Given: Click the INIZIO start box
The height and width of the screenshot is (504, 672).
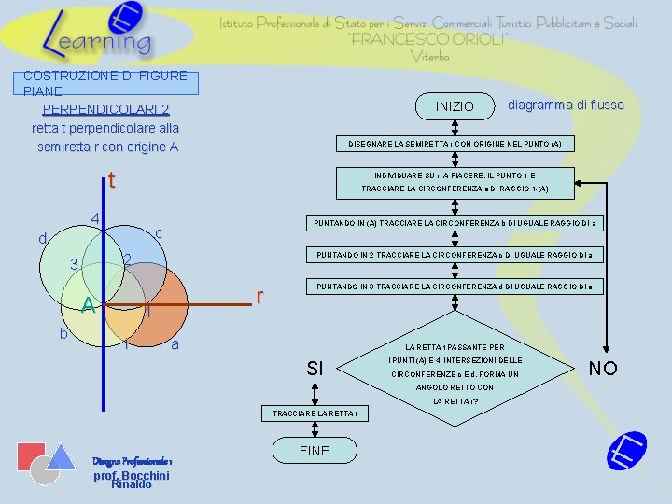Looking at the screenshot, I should pyautogui.click(x=455, y=106).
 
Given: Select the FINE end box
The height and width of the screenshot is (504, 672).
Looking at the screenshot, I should pyautogui.click(x=315, y=451).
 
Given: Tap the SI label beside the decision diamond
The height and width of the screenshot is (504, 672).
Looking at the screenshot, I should pyautogui.click(x=315, y=369).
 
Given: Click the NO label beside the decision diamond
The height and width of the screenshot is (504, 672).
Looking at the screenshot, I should pyautogui.click(x=603, y=368).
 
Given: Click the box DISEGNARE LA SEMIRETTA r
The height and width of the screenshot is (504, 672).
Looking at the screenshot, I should pyautogui.click(x=455, y=144).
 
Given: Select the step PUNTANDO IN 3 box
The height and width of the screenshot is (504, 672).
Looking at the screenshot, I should pyautogui.click(x=456, y=286).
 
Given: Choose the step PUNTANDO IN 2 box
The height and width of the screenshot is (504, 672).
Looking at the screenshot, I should pyautogui.click(x=456, y=255).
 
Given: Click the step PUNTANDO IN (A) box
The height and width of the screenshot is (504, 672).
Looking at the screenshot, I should pyautogui.click(x=456, y=223).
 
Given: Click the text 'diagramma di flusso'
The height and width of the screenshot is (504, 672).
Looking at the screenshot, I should pyautogui.click(x=566, y=105).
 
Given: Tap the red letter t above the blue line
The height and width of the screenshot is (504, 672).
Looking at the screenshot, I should pyautogui.click(x=111, y=180).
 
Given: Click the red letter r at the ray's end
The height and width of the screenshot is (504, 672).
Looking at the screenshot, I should pyautogui.click(x=261, y=297).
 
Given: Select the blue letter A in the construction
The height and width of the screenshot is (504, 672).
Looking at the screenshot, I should pyautogui.click(x=87, y=305).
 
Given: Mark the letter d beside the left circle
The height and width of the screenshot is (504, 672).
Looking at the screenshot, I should pyautogui.click(x=43, y=240).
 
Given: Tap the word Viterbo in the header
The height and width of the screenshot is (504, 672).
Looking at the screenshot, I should pyautogui.click(x=428, y=56).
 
